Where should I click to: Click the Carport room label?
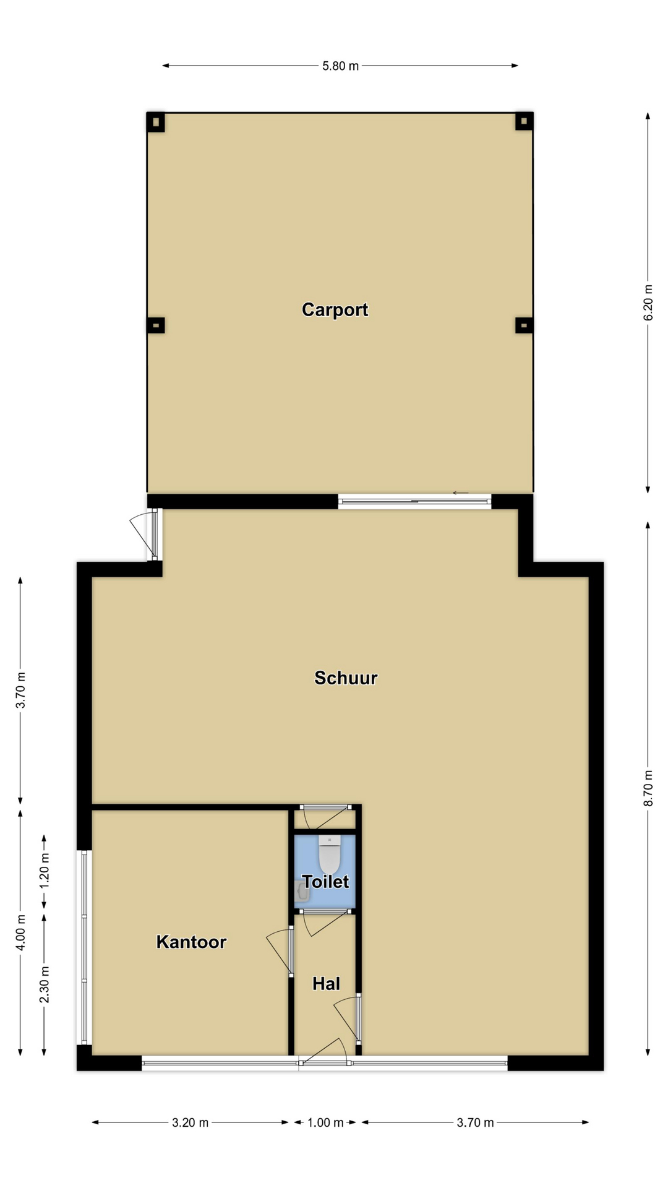pos(335,309)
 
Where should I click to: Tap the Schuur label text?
pos(346,678)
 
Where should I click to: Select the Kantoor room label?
pos(191,942)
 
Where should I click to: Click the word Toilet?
pos(325,881)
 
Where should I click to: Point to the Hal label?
pos(326,983)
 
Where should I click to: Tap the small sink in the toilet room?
pos(302,892)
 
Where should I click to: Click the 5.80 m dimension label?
pos(340,66)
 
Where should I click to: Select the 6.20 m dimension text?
pos(648,302)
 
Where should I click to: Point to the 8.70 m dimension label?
pos(648,788)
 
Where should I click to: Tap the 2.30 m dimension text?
pos(45,984)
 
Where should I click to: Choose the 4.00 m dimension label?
pos(20,932)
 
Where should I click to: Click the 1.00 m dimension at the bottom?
pos(325,1122)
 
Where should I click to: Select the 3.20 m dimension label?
pos(190,1122)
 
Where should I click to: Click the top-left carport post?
pos(155,121)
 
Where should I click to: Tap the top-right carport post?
pos(524,121)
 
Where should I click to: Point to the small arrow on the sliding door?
pos(460,493)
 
